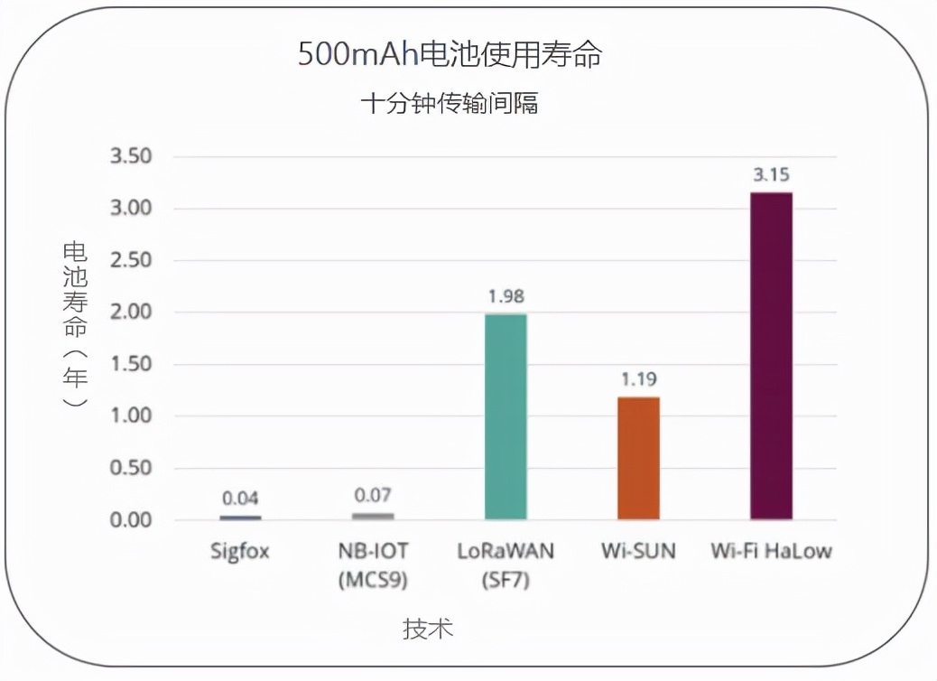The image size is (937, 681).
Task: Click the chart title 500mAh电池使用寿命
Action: [450, 55]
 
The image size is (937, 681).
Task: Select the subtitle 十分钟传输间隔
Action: [450, 104]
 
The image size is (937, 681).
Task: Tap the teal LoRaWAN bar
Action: [506, 416]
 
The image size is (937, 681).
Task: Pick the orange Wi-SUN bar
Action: [638, 458]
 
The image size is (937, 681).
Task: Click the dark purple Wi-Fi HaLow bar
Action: [771, 356]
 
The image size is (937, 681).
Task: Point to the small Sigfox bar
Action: [240, 518]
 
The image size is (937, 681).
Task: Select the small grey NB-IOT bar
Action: [373, 516]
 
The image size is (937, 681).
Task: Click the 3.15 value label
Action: [772, 175]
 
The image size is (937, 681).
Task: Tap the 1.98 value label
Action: [506, 296]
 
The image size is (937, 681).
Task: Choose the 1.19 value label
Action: [638, 379]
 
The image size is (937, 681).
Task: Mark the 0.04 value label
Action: [240, 499]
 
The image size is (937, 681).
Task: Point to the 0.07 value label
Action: [373, 495]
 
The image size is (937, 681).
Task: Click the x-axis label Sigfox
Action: [240, 550]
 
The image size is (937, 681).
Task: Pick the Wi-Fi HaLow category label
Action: [771, 550]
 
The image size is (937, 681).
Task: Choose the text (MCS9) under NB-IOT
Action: [373, 580]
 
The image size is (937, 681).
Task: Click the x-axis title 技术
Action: [428, 629]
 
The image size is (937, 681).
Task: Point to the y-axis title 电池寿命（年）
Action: [76, 325]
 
